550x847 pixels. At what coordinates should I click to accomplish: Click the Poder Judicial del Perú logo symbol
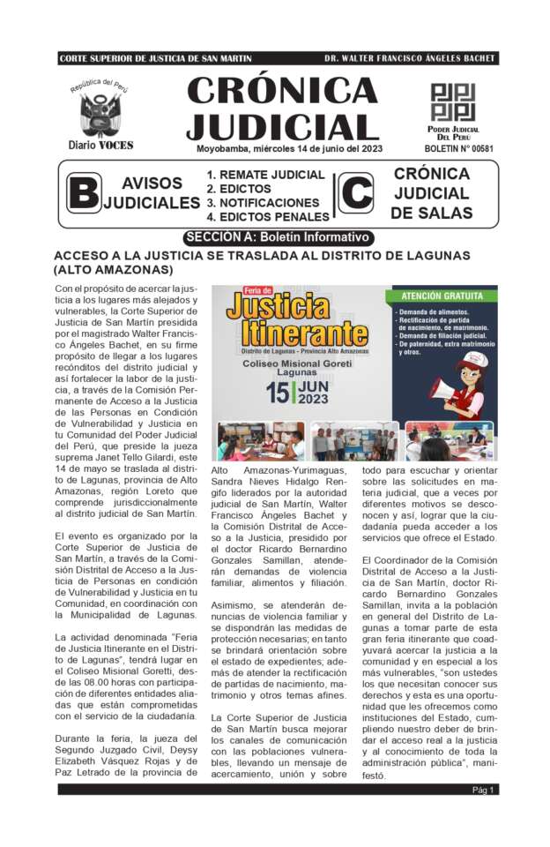pyautogui.click(x=453, y=101)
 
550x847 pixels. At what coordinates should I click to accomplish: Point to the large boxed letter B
pyautogui.click(x=84, y=193)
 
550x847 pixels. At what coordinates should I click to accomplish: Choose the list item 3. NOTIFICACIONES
pyautogui.click(x=263, y=203)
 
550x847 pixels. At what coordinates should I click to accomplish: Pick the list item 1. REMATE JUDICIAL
pyautogui.click(x=265, y=175)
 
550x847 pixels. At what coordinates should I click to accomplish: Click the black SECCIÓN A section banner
pyautogui.click(x=279, y=237)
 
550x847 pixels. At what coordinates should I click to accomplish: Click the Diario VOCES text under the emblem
pyautogui.click(x=100, y=145)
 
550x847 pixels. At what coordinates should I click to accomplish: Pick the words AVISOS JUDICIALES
pyautogui.click(x=152, y=193)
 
